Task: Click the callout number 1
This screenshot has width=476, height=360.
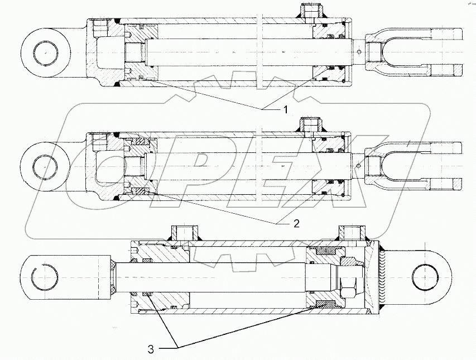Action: pyautogui.click(x=286, y=110)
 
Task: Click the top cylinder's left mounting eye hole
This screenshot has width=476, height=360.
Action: pyautogui.click(x=45, y=53)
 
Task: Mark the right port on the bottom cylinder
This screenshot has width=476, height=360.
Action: pyautogui.click(x=349, y=233)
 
